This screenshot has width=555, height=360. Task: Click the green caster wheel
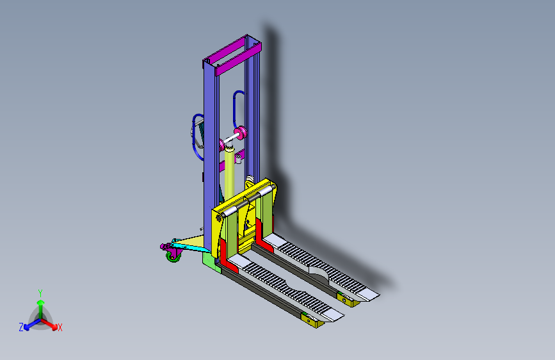pyautogui.click(x=173, y=257)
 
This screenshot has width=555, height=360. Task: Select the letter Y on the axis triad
pyautogui.click(x=40, y=293)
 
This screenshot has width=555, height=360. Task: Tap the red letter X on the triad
pyautogui.click(x=60, y=327)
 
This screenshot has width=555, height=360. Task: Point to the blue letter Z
pyautogui.click(x=21, y=327)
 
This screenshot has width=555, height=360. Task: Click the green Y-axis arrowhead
pyautogui.click(x=41, y=302)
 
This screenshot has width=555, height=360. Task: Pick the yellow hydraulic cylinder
pyautogui.click(x=229, y=174)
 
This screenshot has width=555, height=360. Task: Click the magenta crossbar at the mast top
pyautogui.click(x=238, y=60)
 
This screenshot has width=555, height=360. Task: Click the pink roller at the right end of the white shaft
pyautogui.click(x=240, y=133)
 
